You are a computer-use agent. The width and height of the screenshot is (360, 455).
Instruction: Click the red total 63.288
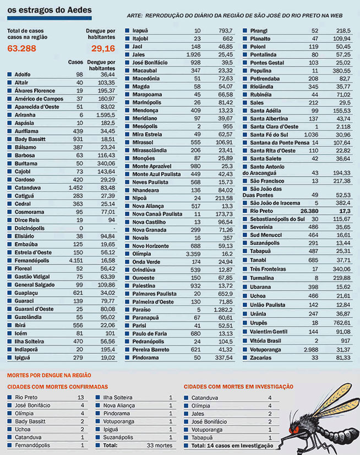pyautogui.click(x=22, y=48)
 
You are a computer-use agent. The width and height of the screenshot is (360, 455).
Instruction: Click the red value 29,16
pyautogui.click(x=103, y=48)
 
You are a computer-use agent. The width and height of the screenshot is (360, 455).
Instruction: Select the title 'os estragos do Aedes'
pyautogui.click(x=50, y=10)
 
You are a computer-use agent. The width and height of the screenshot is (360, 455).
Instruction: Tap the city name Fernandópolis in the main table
pyautogui.click(x=32, y=261)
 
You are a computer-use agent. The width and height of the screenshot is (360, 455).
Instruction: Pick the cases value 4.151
pyautogui.click(x=76, y=261)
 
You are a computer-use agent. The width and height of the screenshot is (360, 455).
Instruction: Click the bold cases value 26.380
pyautogui.click(x=309, y=211)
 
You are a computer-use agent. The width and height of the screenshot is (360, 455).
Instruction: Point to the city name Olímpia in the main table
pyautogui.click(x=141, y=254)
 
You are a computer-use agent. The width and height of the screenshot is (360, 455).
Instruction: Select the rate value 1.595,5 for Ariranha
pyautogui.click(x=106, y=115)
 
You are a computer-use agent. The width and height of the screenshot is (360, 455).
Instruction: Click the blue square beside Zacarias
pyautogui.click(x=245, y=358)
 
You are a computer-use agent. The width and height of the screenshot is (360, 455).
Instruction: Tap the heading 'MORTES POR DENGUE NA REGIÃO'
pyautogui.click(x=49, y=375)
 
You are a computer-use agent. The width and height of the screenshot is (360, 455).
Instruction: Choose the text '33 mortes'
pyautogui.click(x=160, y=445)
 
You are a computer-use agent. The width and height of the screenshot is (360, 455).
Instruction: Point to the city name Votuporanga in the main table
pyautogui.click(x=265, y=350)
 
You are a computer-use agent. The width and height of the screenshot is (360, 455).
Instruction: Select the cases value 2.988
pyautogui.click(x=311, y=350)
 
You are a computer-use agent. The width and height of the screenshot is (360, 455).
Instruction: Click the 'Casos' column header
pyautogui.click(x=75, y=62)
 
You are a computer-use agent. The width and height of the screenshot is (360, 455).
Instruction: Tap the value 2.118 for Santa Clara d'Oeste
pyautogui.click(x=343, y=127)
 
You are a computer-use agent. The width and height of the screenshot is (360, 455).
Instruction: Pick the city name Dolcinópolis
pyautogui.click(x=30, y=228)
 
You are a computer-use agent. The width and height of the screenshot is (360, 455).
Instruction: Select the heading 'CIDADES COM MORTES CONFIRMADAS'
pyautogui.click(x=57, y=387)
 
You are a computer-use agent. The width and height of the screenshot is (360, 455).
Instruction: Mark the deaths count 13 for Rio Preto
pyautogui.click(x=81, y=397)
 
